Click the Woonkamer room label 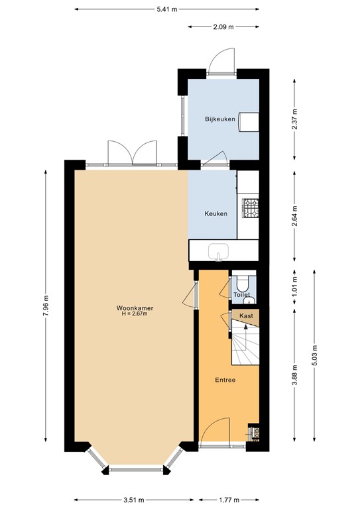tap(130, 308)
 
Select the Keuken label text tap(216, 213)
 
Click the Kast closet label tap(246, 316)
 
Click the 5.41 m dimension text tap(167, 9)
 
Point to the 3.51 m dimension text tap(135, 500)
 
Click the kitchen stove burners tap(252, 208)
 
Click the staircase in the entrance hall tap(245, 345)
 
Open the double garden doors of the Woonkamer tap(133, 153)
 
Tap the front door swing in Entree tap(214, 431)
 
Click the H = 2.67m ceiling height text tap(130, 314)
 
